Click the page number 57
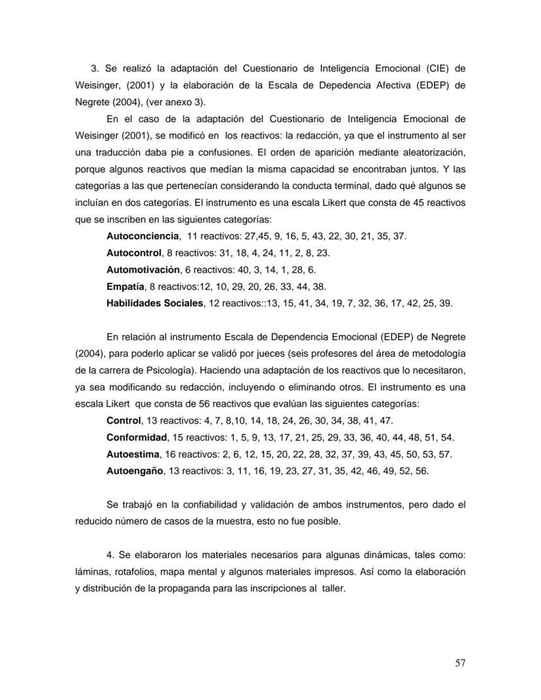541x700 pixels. (x=460, y=663)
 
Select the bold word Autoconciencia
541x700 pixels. (x=142, y=236)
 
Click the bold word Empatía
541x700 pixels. (x=125, y=286)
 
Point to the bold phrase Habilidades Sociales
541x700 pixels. (x=156, y=303)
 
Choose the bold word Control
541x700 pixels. (x=123, y=420)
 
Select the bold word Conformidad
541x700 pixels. (x=137, y=437)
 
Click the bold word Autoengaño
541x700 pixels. (x=135, y=471)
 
